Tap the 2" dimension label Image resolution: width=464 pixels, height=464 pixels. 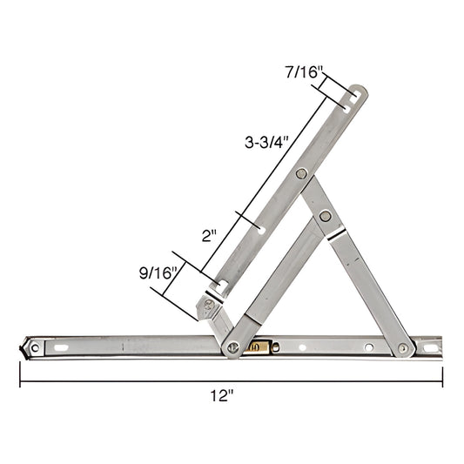click(209, 235)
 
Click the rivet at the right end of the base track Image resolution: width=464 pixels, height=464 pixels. click(403, 348)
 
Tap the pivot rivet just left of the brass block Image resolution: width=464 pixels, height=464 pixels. click(232, 348)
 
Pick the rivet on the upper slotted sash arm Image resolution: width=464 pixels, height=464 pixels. click(300, 174)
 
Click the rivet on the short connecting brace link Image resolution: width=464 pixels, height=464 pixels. click(325, 216)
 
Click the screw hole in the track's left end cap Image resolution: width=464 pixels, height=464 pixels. click(35, 347)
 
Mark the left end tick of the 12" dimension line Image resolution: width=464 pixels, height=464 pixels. click(20, 376)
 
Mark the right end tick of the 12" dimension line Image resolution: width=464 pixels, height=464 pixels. click(442, 376)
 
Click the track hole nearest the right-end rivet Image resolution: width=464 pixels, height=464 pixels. click(368, 347)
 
